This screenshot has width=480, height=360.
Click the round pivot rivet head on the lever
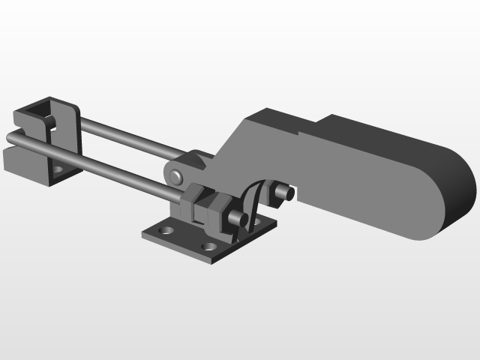point(176,176)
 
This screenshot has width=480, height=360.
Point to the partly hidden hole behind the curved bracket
point(256,223)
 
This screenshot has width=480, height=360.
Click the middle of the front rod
point(97,165)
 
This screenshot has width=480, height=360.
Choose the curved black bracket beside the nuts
point(251,202)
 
